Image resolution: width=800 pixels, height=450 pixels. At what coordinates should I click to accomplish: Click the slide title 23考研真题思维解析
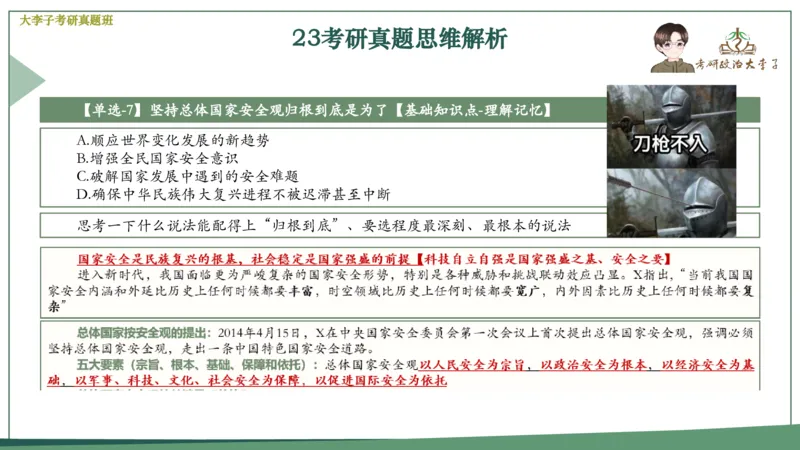400,39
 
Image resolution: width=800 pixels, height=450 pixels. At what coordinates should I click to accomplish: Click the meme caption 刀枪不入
669,144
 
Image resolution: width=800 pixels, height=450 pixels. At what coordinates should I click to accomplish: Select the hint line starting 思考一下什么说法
330,224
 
